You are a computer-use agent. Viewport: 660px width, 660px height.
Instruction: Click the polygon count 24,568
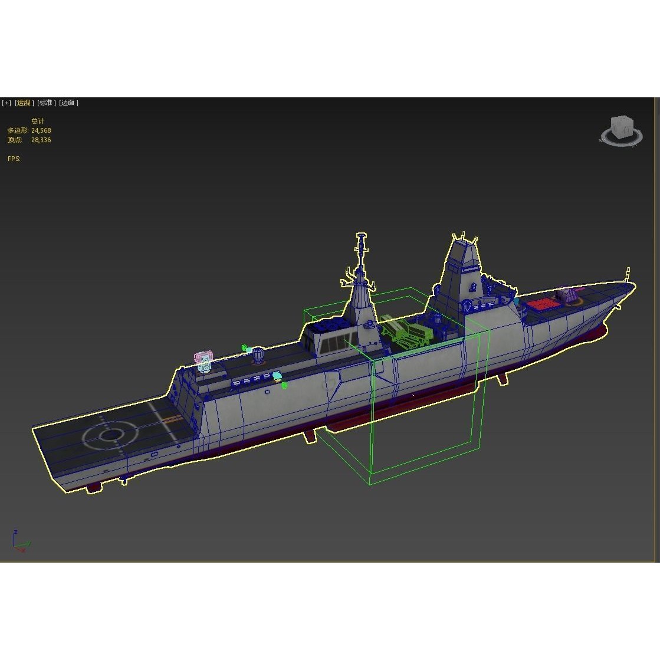(x=41, y=130)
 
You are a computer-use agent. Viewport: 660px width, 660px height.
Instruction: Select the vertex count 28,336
(x=41, y=140)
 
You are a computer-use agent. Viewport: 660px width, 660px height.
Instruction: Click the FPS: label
(x=14, y=159)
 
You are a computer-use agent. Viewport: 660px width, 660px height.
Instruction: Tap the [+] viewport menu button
(x=6, y=103)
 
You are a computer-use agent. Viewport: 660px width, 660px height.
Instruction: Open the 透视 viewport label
(x=24, y=103)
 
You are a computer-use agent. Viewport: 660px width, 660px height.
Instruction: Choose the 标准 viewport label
(x=46, y=103)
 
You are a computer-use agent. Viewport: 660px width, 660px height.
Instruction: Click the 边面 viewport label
(x=68, y=103)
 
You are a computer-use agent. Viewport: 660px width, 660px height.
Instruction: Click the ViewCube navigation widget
(x=621, y=129)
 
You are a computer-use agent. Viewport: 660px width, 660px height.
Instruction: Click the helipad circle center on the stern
(x=110, y=435)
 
